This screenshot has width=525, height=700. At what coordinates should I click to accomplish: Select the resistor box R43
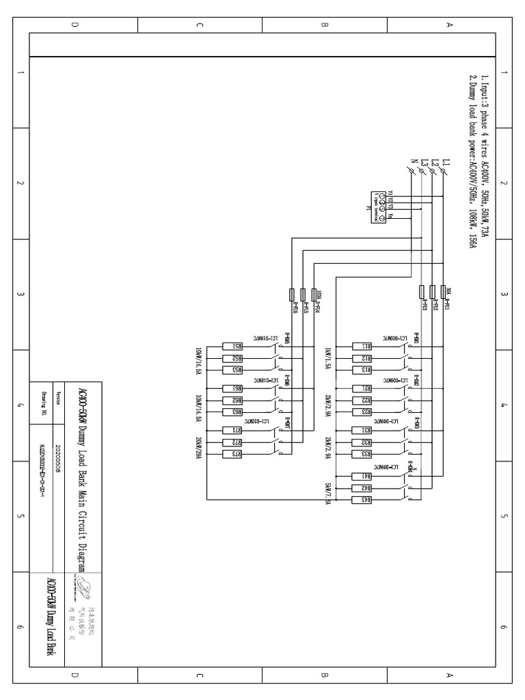(366, 500)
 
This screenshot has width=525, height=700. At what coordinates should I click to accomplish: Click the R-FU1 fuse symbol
(444, 293)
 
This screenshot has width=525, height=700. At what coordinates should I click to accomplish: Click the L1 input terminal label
(446, 162)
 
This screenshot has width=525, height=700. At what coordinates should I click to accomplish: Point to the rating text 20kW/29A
(198, 448)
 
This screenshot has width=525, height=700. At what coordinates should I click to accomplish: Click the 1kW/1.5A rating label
(328, 359)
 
